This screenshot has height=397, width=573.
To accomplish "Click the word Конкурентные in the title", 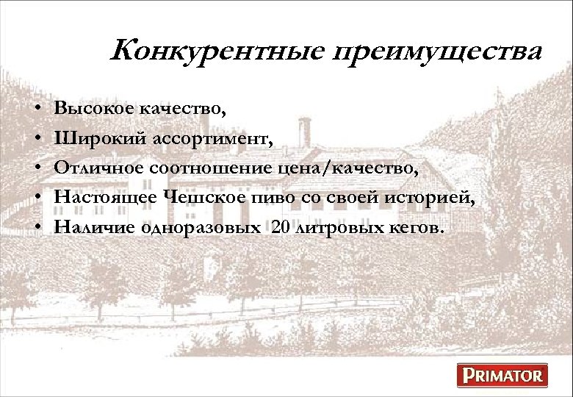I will (217, 51).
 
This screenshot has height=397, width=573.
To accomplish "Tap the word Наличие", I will (90, 227).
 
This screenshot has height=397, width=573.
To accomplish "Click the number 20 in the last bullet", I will (281, 227).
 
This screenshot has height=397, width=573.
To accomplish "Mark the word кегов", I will (416, 227).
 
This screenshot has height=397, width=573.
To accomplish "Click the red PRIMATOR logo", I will (503, 376).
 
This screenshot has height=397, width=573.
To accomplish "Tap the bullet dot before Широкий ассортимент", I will (37, 139).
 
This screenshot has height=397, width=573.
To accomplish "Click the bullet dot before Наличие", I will (37, 227).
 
